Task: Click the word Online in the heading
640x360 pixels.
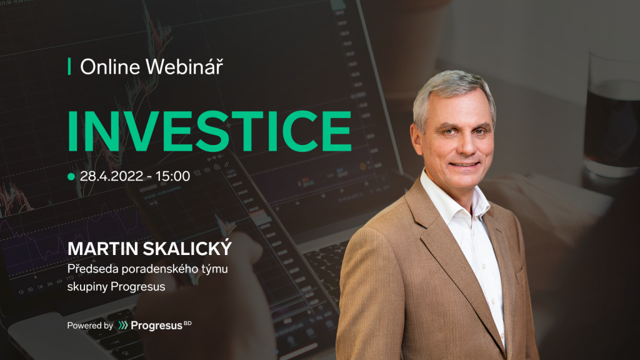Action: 110,67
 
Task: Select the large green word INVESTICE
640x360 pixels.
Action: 209,131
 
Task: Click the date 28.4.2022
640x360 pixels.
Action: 111,176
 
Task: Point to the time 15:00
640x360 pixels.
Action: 172,176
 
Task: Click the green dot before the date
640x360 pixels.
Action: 71,177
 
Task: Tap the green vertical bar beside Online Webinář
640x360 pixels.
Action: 69,66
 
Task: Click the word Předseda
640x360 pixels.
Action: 92,269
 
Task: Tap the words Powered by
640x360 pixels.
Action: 90,326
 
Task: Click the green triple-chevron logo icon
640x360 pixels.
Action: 123,325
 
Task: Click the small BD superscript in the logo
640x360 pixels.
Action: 187,323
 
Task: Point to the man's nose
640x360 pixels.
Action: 465,143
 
